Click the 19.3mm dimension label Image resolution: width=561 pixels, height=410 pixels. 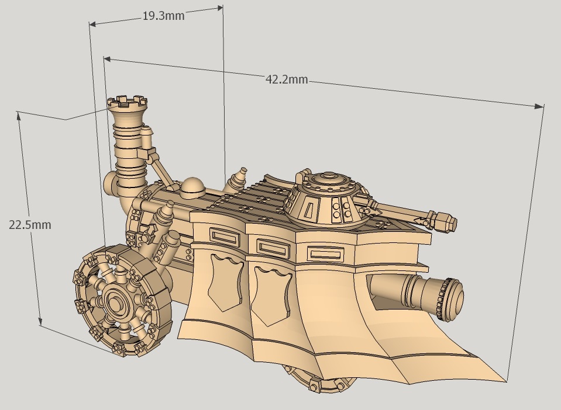(x=163, y=16)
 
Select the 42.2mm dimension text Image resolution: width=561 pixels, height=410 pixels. (x=287, y=80)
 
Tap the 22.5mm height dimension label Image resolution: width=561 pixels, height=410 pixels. (x=30, y=224)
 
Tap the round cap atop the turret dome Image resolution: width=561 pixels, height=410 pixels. (x=328, y=176)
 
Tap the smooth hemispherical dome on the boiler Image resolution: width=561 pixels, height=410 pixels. (x=193, y=187)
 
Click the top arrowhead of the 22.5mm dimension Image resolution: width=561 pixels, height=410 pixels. (x=20, y=114)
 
